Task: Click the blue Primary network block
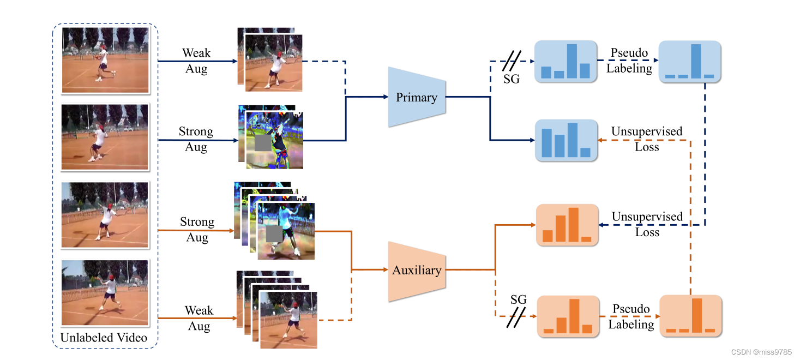click(x=417, y=97)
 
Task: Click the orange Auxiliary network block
click(x=417, y=271)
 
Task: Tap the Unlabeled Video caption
click(x=104, y=338)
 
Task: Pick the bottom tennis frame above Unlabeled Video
click(x=105, y=293)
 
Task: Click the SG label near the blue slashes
click(x=511, y=79)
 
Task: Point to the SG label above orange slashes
click(x=519, y=299)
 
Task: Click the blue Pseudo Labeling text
click(x=629, y=61)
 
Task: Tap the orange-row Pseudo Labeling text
click(x=631, y=316)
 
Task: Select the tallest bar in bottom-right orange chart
click(x=696, y=315)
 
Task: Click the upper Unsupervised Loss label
click(x=647, y=139)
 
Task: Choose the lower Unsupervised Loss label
click(x=647, y=224)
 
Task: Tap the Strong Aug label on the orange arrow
click(x=197, y=230)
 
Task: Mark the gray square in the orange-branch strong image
click(x=275, y=235)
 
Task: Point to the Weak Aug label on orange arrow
click(x=199, y=318)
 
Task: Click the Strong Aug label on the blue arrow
click(x=196, y=139)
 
